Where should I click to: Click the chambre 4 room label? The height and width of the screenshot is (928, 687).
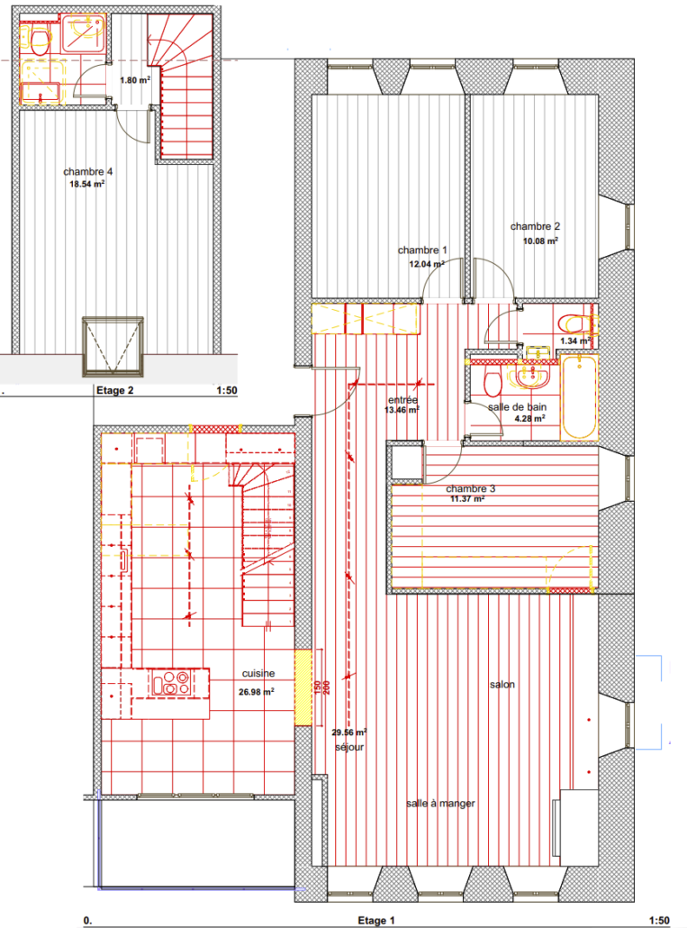88,171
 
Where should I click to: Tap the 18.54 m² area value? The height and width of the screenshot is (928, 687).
87,184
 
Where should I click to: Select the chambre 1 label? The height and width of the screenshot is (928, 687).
422,250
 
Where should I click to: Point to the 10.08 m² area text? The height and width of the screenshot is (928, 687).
540,241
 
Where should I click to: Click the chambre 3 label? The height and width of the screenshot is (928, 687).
471,489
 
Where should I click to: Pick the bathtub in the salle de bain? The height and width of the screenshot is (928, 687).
579,396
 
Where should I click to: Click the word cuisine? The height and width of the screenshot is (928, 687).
258,674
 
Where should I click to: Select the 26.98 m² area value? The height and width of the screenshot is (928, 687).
256,691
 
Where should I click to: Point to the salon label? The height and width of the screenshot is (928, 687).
502,685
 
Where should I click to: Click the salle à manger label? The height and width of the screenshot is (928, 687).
440,804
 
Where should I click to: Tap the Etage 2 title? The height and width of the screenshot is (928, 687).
114,391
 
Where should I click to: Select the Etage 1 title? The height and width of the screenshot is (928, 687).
376,920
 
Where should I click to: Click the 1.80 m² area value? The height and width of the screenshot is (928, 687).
135,80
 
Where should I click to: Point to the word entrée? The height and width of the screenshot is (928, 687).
402,400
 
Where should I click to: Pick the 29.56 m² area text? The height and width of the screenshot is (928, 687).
348,732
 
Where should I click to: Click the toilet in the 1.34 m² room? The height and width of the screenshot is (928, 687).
574,324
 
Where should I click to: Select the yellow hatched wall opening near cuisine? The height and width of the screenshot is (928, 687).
303,687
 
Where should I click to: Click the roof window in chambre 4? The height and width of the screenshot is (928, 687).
113,347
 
